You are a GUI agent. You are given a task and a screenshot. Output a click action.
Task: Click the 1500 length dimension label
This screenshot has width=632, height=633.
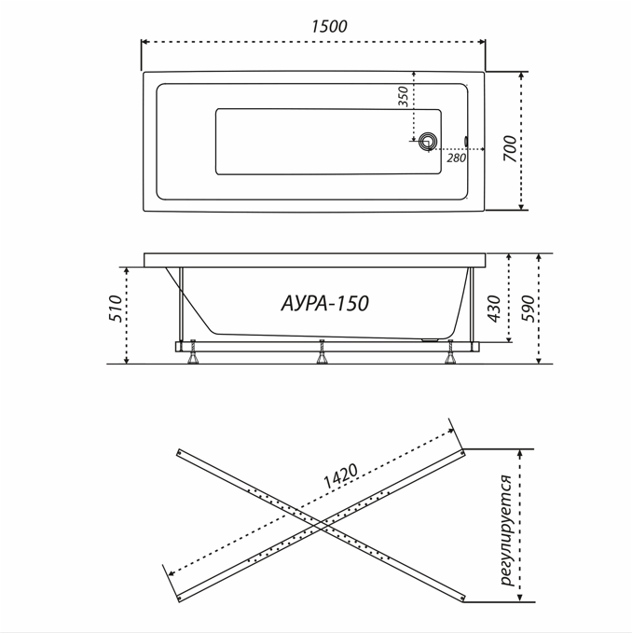pos(329,26)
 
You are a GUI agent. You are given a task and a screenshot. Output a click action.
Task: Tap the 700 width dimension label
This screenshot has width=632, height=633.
pos(510,148)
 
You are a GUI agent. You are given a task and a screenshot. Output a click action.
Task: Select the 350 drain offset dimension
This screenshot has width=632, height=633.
pos(404,96)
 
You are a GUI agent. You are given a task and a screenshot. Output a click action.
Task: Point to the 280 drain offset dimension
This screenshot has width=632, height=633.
pos(456,158)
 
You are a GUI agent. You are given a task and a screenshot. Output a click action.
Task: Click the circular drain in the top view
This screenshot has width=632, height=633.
pos(428,142)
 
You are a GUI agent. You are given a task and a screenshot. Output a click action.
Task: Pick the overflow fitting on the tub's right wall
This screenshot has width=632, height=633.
pos(466,142)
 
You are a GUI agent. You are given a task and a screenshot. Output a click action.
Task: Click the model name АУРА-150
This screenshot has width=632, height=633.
pos(325,303)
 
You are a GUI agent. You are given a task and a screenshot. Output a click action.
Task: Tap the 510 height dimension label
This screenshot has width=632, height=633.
pos(117,309)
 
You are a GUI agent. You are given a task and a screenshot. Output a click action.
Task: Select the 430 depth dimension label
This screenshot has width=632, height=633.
pos(494,309)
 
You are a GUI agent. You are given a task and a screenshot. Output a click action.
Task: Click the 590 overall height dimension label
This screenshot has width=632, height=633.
pos(528,309)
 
